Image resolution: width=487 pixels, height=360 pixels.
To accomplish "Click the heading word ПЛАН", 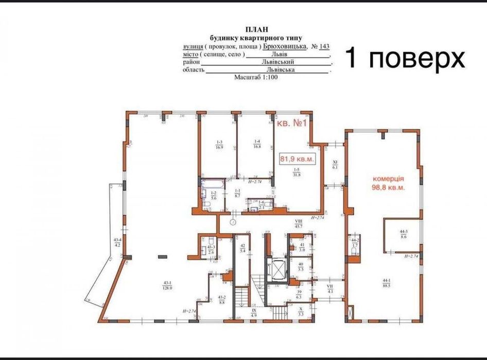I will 257,30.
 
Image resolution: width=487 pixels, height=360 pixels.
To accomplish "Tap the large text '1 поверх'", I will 404,58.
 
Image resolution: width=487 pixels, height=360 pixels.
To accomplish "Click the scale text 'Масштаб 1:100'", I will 256,77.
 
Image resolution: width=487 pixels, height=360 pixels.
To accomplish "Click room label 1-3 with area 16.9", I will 219,144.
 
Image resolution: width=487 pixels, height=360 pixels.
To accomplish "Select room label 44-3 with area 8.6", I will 404,234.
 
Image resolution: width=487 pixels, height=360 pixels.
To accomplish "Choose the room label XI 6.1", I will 335,165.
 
